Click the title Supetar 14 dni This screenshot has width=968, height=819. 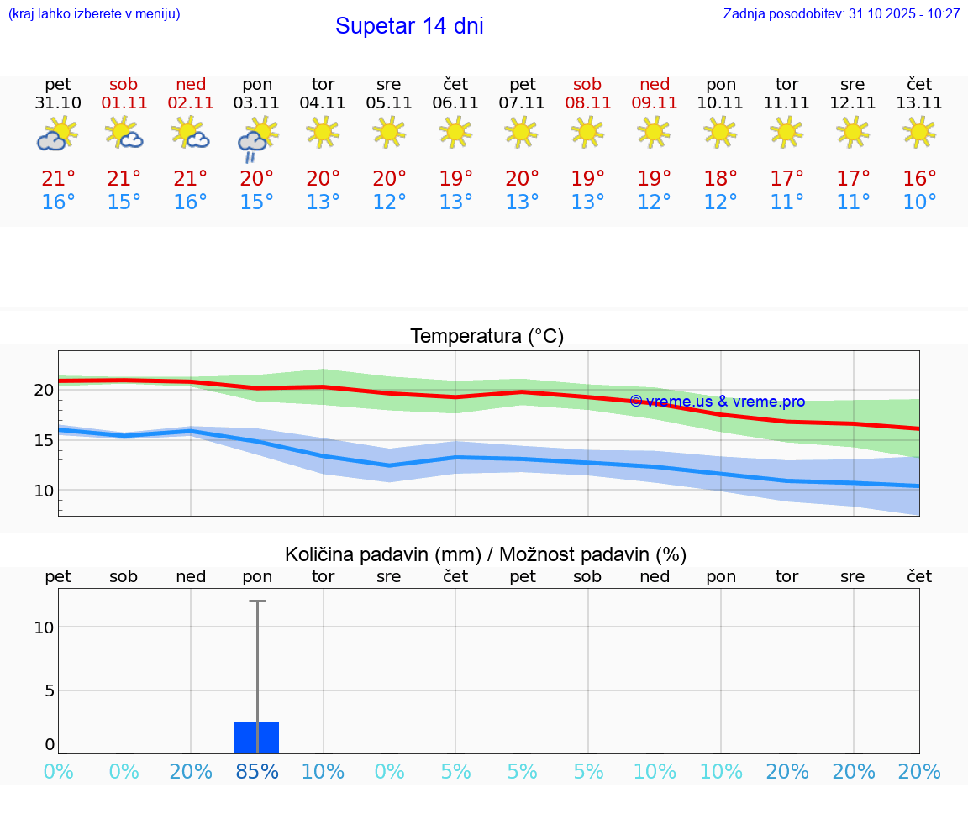pos(409,26)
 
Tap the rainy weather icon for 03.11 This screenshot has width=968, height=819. pos(257,139)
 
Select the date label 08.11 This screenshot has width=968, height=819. pos(587,103)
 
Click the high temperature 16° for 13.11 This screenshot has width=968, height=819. pos(919,178)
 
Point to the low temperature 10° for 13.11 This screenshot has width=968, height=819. pos(919,202)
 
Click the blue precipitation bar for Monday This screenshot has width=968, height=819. pos(256,737)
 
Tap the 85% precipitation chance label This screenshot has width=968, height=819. pos(257,772)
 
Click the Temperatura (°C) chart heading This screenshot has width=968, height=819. pos(487,337)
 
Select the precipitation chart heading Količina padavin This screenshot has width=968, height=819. pos(486,554)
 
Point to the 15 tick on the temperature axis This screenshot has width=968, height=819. pos(44,440)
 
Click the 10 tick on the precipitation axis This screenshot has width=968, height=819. pos(44,627)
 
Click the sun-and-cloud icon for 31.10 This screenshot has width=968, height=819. pos(58,134)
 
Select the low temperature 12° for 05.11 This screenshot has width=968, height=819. pos(389,202)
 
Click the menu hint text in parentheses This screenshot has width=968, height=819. pos(93,14)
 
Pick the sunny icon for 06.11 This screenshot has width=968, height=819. pos(455,132)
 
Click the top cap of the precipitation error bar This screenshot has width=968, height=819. pos(257,601)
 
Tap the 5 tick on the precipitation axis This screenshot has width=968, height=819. pos(49,690)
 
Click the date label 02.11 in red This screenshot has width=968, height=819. pos(191,103)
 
